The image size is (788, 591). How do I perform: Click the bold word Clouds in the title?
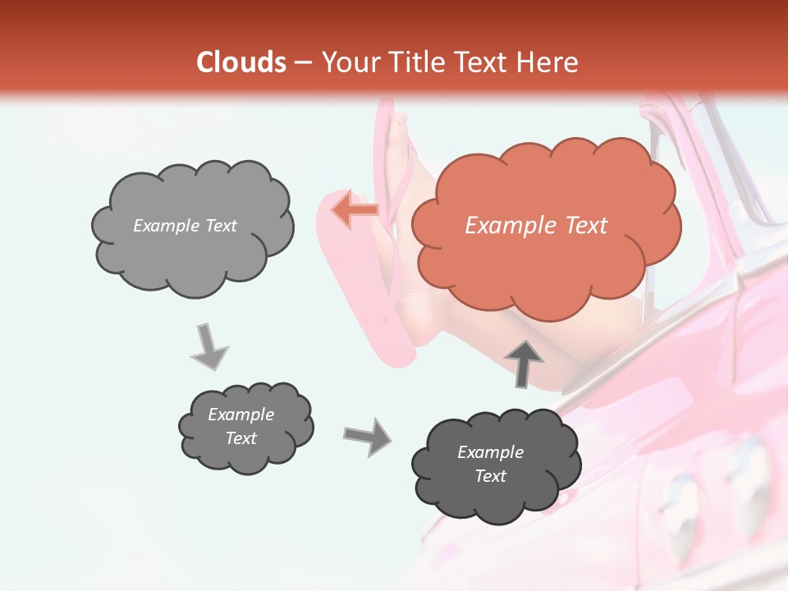[x=241, y=62]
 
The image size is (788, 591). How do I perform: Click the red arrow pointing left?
[x=355, y=209]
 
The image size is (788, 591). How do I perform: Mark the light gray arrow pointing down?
[x=209, y=346]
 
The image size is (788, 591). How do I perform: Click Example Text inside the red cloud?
[x=536, y=226]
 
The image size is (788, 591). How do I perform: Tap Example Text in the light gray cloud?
[x=185, y=226]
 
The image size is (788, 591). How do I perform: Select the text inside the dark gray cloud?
[x=490, y=464]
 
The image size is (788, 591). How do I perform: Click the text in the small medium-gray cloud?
[x=241, y=426]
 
